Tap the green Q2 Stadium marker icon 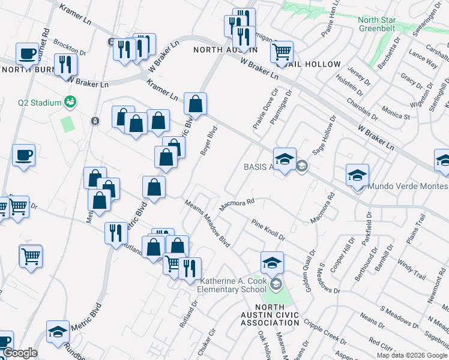tap(71, 102)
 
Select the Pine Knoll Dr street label tap(268, 229)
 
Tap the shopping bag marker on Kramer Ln tap(195, 104)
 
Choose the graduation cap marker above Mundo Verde tap(357, 175)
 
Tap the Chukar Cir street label tap(211, 340)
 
